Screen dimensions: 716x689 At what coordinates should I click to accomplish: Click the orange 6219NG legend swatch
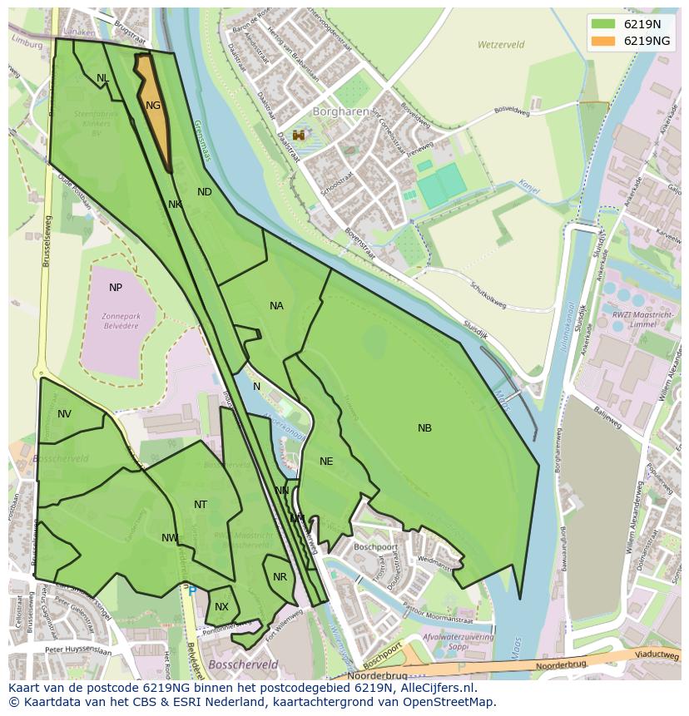tap(604, 41)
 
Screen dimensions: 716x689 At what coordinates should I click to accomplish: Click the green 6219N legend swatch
tap(604, 24)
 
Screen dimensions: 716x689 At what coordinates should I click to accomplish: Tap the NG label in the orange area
tap(153, 106)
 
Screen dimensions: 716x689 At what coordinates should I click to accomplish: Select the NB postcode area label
tap(424, 428)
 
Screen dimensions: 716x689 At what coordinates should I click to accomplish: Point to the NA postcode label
tap(276, 306)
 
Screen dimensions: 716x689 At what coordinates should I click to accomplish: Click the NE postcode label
tap(326, 462)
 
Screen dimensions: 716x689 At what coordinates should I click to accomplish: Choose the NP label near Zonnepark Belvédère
tap(116, 288)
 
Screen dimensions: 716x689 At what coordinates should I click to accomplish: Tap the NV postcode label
tap(64, 414)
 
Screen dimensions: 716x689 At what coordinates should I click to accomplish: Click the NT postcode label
tap(201, 505)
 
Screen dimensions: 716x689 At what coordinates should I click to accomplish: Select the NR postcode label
tap(280, 577)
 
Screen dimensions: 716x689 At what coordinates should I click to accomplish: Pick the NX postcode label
tap(221, 607)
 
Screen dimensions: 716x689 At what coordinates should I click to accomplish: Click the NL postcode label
tap(102, 78)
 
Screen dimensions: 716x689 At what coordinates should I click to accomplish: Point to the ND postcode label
tap(205, 192)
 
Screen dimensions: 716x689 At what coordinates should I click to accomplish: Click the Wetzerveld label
tap(502, 44)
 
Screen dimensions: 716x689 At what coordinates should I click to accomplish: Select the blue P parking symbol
tap(192, 591)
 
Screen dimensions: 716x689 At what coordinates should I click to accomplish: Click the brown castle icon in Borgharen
tap(298, 135)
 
